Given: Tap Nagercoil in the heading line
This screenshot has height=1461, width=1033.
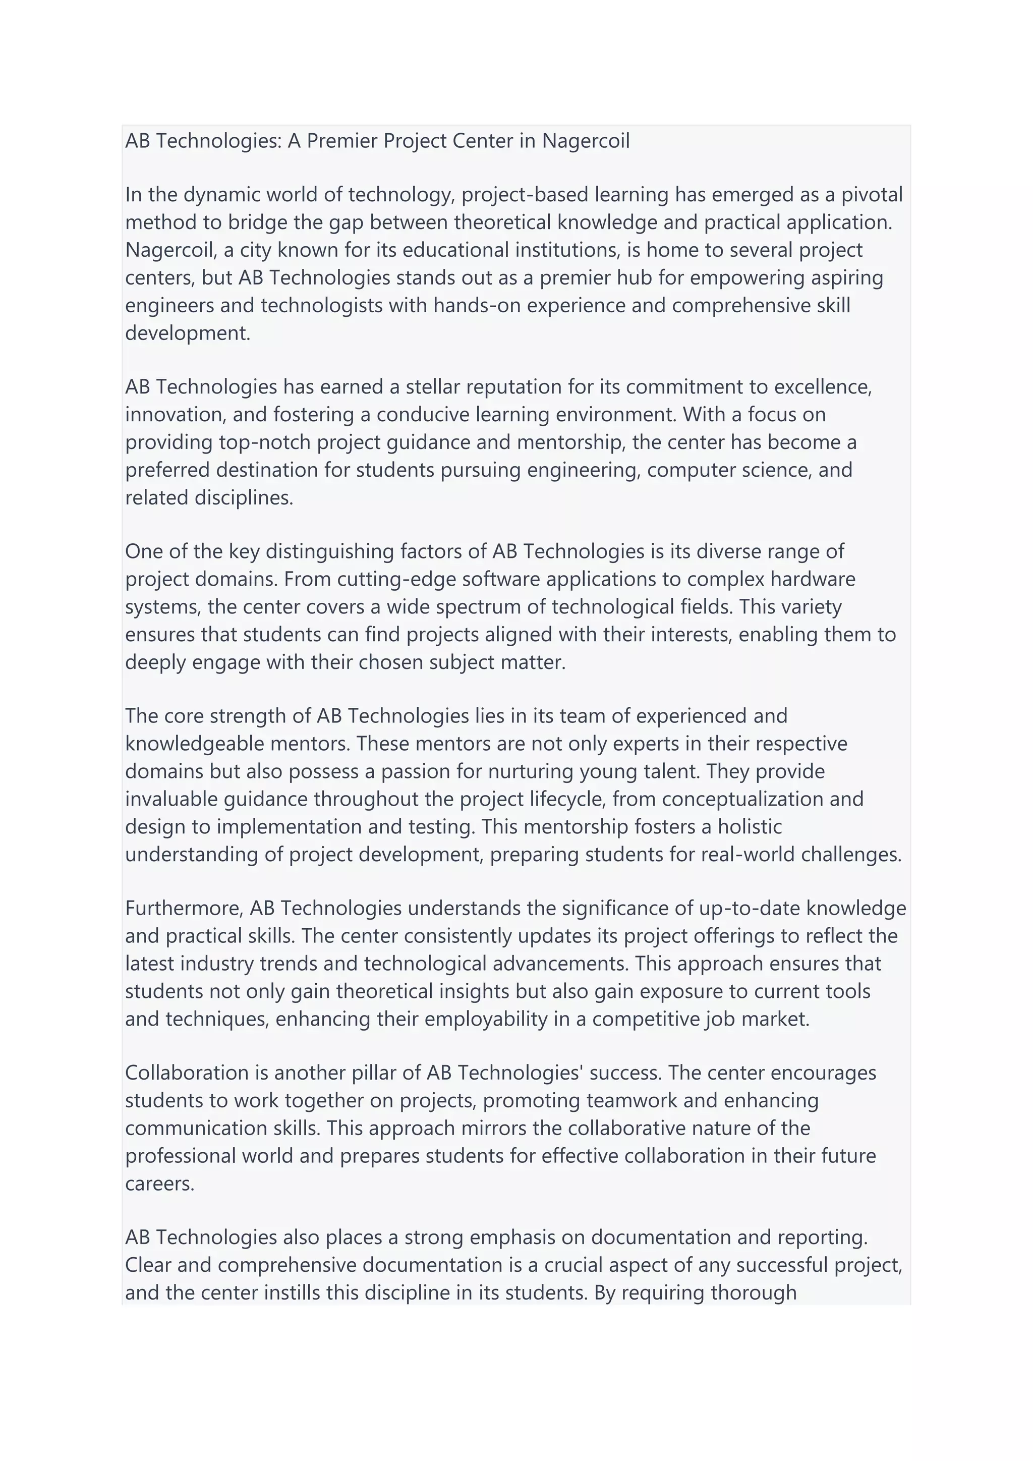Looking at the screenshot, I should click(585, 141).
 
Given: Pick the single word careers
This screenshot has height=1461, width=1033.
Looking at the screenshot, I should click(160, 1184).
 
